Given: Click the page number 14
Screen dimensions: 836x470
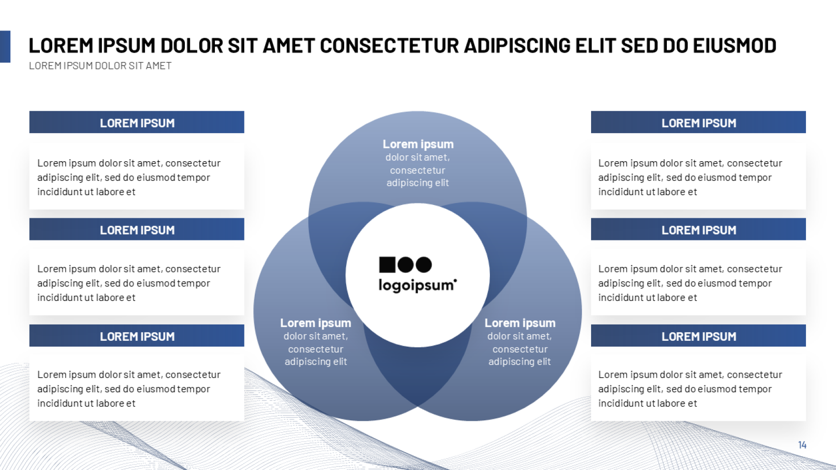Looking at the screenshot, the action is click(803, 444).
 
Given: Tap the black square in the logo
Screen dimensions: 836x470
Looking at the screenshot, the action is click(387, 264).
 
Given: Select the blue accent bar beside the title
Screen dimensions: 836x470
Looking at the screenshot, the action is click(5, 47).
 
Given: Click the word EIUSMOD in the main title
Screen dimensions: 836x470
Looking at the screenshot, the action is click(735, 46).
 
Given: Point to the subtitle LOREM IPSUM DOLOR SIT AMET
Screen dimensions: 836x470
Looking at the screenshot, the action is click(100, 66).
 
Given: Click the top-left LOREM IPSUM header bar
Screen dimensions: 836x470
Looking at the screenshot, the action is click(137, 122).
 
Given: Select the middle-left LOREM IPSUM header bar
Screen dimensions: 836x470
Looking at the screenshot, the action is click(137, 229).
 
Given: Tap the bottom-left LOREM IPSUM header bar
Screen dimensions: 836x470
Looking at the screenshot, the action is click(137, 335).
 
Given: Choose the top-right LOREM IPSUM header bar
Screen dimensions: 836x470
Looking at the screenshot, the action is click(698, 122).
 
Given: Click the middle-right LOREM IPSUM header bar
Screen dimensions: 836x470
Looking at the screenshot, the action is click(698, 229).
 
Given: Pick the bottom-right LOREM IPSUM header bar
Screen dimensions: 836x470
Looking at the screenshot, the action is click(698, 335).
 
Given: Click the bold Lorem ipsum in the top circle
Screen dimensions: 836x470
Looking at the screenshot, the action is click(418, 145).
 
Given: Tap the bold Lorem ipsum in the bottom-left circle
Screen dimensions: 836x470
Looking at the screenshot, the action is click(316, 323).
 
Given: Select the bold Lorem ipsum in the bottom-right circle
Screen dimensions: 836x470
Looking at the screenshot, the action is click(520, 323).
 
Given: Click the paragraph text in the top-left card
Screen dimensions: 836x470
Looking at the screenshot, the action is click(129, 177).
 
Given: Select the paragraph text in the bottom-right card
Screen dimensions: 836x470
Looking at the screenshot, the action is click(690, 389).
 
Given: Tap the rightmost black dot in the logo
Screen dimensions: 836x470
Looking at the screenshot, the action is click(423, 265).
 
